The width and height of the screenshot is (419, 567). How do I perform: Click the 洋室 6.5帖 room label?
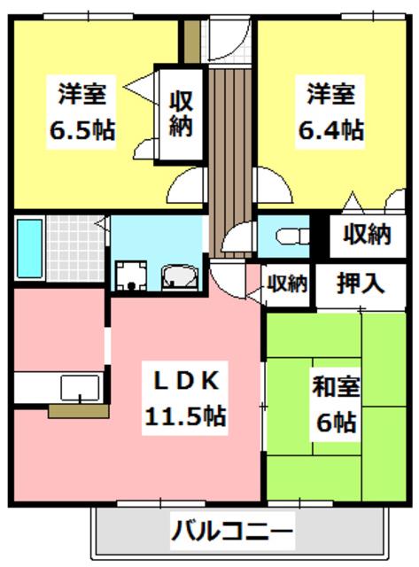(82, 112)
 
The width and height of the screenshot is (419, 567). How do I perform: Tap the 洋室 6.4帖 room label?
(330, 112)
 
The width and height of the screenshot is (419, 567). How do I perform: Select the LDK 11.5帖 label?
(185, 398)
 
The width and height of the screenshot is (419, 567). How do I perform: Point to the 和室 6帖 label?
(336, 404)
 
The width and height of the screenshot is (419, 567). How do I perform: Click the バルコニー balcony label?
(232, 531)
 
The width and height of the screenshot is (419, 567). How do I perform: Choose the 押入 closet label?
(360, 283)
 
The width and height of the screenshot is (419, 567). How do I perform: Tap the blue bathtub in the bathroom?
(29, 248)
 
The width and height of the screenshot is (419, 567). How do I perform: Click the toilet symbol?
(292, 237)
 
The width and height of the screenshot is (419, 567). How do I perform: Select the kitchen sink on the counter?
(80, 388)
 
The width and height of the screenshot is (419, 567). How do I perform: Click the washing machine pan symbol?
(131, 276)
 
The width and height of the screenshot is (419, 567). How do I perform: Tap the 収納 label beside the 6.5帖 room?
(181, 113)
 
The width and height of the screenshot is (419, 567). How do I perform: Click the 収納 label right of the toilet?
(367, 235)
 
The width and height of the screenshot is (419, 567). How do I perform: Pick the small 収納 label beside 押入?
(287, 283)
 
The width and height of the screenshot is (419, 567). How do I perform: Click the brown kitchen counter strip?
(79, 411)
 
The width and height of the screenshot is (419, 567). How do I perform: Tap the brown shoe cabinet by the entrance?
(191, 42)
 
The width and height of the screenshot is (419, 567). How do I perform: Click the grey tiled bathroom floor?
(75, 248)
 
